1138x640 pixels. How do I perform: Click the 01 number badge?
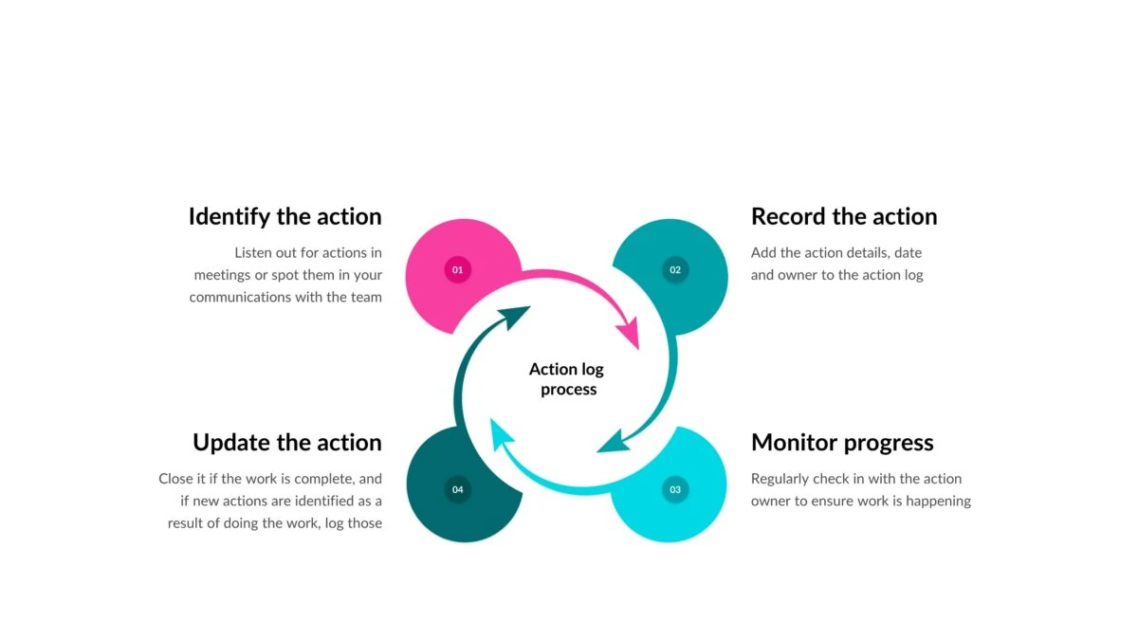click(458, 269)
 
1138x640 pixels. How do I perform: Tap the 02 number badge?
click(675, 269)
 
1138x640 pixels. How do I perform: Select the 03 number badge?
click(675, 489)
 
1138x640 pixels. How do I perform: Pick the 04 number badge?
click(458, 489)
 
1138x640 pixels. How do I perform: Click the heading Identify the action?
click(285, 217)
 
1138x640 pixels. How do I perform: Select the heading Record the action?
click(844, 216)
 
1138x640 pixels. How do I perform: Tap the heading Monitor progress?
click(842, 443)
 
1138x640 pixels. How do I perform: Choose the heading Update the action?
click(287, 443)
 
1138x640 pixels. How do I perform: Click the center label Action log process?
click(567, 379)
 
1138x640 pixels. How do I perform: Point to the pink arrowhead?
click(629, 333)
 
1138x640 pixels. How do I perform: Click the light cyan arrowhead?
click(501, 434)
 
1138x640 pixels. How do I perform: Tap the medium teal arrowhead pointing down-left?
click(614, 442)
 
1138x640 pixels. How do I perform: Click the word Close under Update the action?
click(175, 479)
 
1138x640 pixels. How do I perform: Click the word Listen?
click(250, 253)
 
